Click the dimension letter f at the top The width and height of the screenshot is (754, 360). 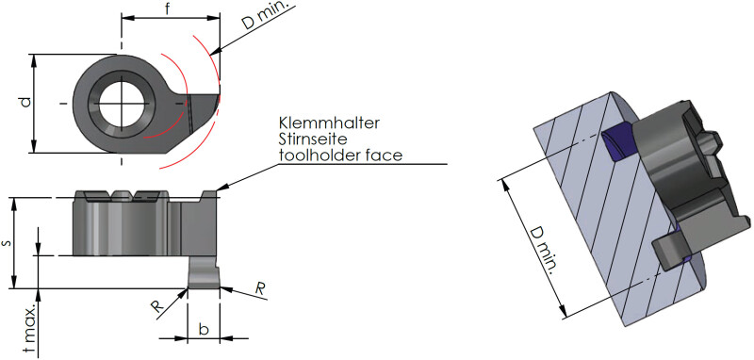(x=167, y=9)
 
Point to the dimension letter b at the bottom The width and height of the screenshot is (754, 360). (x=204, y=329)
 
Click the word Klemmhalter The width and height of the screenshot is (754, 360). (x=329, y=123)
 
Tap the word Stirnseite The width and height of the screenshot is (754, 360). (x=313, y=139)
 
